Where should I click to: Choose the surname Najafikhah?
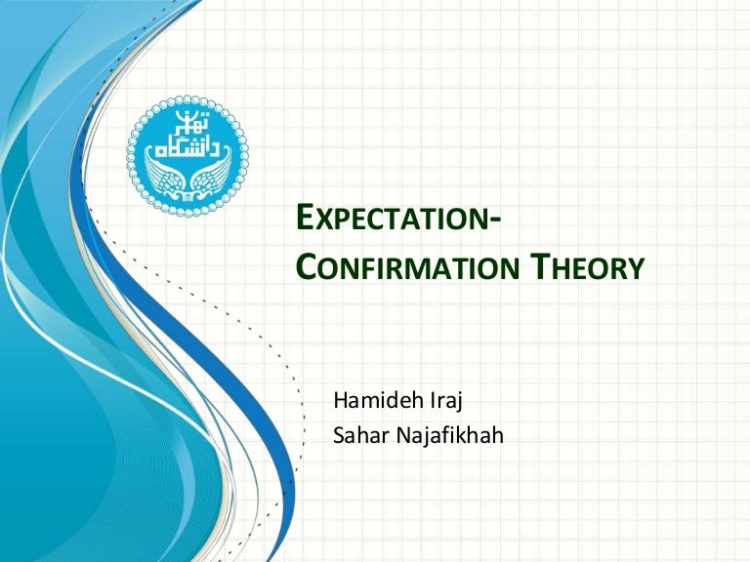click(x=443, y=435)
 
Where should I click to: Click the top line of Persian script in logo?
click(x=187, y=123)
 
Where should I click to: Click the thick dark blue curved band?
click(x=259, y=390)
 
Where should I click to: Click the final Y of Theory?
click(x=636, y=267)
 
